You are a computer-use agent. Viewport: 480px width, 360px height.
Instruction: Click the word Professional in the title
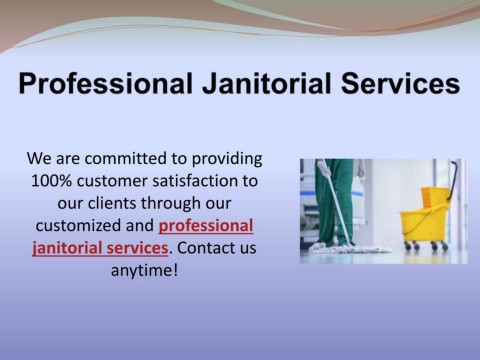point(106,83)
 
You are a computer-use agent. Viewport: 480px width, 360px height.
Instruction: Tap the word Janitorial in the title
point(267,83)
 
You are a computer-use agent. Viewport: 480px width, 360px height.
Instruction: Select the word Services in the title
point(401,83)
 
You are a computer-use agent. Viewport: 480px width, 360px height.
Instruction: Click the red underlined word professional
point(206,226)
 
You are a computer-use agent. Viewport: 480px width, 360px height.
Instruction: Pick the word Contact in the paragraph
point(205,248)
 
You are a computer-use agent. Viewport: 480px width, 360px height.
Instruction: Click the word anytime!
point(144,271)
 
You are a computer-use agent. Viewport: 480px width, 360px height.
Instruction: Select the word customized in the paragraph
point(78,226)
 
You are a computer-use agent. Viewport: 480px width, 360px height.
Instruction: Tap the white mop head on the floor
point(350,248)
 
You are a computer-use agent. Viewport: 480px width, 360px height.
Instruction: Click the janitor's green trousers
point(334,202)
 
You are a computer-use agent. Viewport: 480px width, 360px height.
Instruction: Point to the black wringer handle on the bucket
point(453,180)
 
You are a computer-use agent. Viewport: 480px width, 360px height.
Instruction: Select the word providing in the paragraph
point(227,159)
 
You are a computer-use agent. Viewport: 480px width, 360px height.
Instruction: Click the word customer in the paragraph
point(112,181)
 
